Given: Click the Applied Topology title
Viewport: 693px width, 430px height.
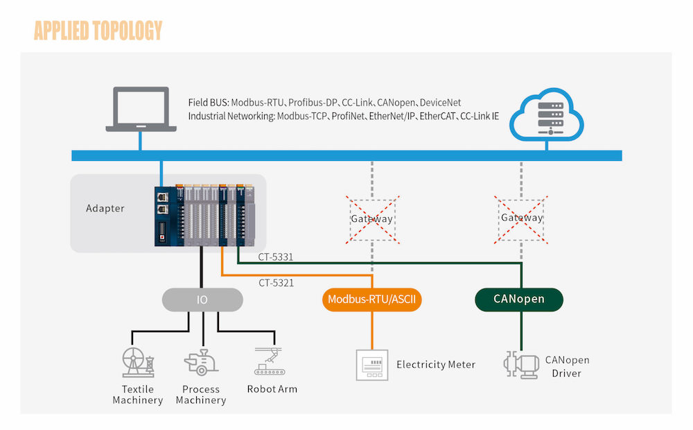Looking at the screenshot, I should tap(98, 31).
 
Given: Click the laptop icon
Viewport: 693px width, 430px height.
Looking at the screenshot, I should tap(137, 109).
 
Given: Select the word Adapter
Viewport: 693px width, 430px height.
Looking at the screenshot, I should tap(105, 208).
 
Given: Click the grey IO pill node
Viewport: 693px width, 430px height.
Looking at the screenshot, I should tap(202, 300).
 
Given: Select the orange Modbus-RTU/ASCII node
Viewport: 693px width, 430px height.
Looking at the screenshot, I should tap(373, 300).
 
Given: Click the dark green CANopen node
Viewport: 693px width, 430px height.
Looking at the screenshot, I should tap(519, 300).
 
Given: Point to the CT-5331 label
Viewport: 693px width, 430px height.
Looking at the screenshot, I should tap(276, 257).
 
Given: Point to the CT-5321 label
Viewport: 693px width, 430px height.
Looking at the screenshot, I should tap(276, 283).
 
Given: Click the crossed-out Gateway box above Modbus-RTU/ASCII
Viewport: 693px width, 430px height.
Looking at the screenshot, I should tap(373, 218).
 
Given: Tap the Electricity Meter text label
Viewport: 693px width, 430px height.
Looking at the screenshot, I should tap(436, 365).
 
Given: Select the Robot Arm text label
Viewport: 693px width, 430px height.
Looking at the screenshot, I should tap(272, 389).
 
